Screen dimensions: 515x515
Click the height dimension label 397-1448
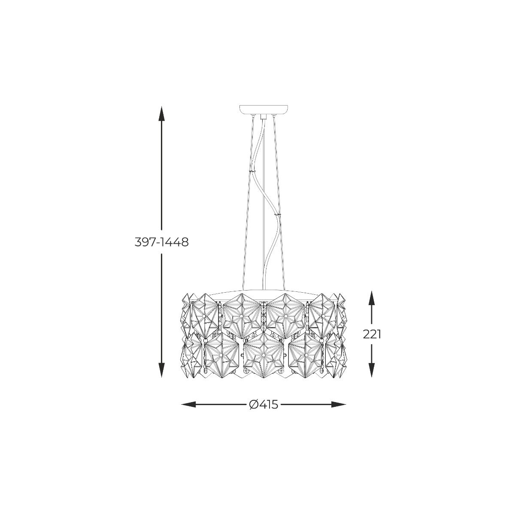(x=161, y=242)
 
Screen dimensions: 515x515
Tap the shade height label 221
(x=372, y=334)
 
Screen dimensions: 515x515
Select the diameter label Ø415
(x=264, y=404)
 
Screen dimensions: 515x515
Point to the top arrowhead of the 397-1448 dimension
(x=161, y=112)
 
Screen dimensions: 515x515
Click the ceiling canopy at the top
(x=263, y=110)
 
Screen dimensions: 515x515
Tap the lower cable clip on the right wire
(x=278, y=213)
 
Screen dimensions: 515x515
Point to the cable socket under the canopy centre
(x=263, y=116)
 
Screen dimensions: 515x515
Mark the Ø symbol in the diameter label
(x=253, y=404)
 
